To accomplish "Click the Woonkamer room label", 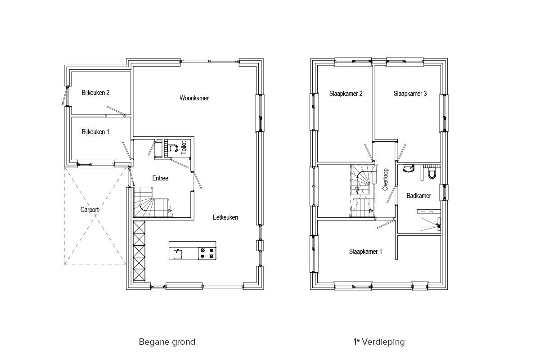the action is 194,98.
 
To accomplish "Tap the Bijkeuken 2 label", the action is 95,93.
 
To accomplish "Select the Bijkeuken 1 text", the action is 95,132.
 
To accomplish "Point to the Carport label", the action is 90,210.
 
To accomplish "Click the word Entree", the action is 160,178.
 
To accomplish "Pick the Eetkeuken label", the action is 225,217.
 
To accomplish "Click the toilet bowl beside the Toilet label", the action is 173,148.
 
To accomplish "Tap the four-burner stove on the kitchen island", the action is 207,253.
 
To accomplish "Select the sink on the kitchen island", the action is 178,254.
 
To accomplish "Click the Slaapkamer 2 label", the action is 346,94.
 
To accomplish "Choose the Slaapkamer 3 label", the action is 410,94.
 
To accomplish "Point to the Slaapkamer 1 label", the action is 365,252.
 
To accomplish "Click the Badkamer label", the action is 419,196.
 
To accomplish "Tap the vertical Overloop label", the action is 385,180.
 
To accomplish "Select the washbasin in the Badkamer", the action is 408,169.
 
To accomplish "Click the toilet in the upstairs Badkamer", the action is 432,174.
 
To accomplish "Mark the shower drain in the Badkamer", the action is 438,226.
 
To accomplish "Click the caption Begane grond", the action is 167,342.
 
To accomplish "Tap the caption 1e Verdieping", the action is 379,342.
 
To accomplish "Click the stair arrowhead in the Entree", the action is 170,211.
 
